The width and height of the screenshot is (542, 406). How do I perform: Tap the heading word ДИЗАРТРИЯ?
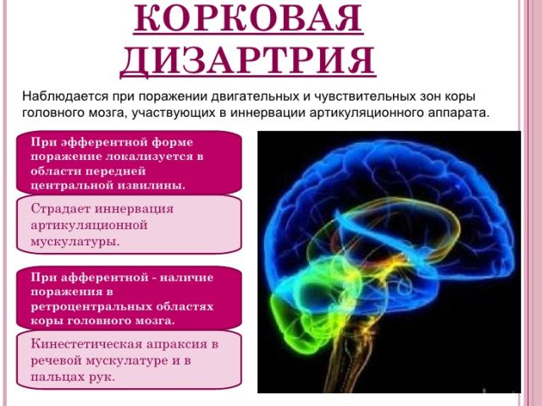click(248, 60)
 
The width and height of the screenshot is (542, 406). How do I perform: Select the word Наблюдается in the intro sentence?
click(65, 96)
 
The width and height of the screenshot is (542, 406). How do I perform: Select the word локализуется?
click(149, 156)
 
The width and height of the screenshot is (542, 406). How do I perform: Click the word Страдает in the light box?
click(60, 209)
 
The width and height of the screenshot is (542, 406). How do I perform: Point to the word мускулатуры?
click(75, 242)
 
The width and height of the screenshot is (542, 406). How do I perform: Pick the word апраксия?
click(177, 345)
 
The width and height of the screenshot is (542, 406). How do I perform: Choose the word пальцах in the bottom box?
click(55, 377)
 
